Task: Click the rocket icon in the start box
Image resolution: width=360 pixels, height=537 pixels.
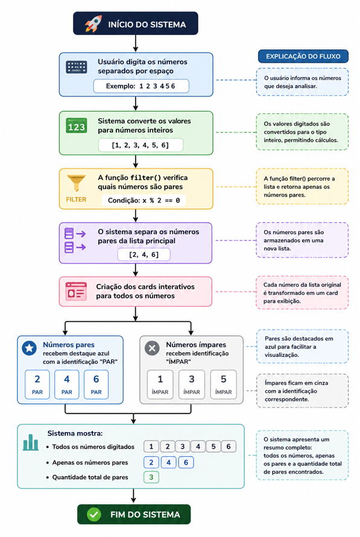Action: click(93, 24)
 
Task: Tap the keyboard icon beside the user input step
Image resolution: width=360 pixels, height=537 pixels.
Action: click(77, 67)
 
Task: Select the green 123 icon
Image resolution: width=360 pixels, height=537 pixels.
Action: click(77, 126)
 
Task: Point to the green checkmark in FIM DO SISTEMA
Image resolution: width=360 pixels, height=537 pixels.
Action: click(94, 514)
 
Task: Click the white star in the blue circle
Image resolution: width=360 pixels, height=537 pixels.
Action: click(30, 348)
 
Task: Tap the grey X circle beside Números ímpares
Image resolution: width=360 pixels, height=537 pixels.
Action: click(152, 348)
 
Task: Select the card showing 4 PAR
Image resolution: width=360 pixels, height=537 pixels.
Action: click(67, 385)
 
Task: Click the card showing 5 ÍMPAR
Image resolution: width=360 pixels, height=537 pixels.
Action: click(223, 385)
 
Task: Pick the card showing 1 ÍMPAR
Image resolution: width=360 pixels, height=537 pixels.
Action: click(160, 385)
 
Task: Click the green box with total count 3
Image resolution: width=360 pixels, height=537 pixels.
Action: click(151, 477)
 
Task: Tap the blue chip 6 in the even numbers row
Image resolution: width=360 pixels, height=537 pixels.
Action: click(186, 462)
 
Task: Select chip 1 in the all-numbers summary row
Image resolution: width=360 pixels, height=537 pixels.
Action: click(151, 446)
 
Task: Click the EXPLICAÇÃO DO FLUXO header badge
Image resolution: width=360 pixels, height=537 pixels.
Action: click(303, 57)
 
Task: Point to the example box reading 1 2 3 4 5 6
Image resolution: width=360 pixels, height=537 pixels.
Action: click(141, 86)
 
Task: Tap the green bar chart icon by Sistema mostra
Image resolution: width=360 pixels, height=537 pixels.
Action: click(31, 442)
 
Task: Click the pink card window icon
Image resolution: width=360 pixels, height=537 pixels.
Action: click(76, 292)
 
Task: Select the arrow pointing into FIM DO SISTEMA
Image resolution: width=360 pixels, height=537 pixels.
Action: click(134, 496)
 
